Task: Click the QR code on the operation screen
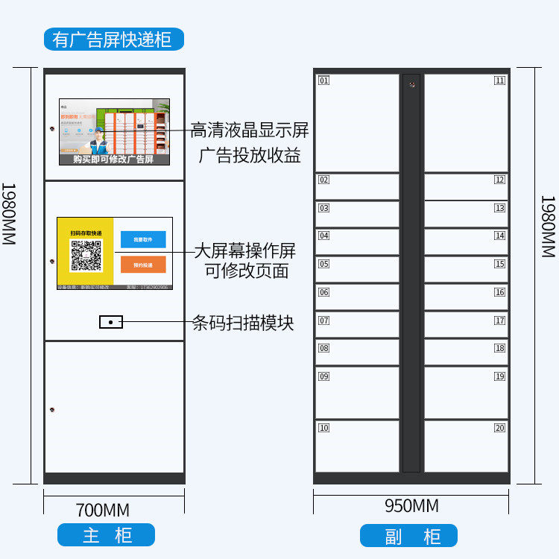86,256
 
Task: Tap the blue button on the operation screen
143,239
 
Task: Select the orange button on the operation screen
143,265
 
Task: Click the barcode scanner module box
111,322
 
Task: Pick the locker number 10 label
323,428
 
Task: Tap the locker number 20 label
499,428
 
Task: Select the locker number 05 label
323,264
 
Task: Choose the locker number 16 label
499,292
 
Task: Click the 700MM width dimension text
103,511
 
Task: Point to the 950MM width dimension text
411,506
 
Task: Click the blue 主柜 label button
107,535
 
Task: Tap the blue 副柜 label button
408,536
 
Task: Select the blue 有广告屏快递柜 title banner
113,38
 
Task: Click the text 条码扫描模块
243,323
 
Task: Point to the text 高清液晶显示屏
249,130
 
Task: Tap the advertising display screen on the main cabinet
114,132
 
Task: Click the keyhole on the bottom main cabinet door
52,410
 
